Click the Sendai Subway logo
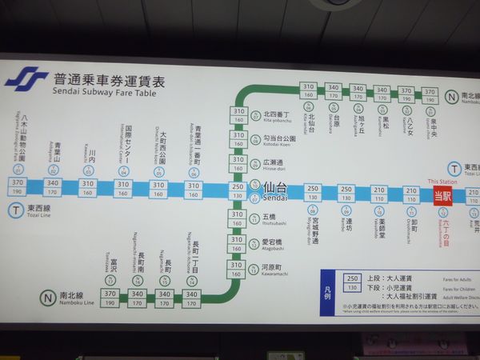tap(26, 78)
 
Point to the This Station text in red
tap(441, 181)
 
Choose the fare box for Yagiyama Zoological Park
tap(17, 187)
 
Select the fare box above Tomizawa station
tap(110, 298)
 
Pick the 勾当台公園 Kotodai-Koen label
tap(280, 139)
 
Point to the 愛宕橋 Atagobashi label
tap(274, 241)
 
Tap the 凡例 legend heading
tap(326, 291)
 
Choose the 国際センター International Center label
tap(125, 147)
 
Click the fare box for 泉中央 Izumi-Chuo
tap(430, 95)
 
